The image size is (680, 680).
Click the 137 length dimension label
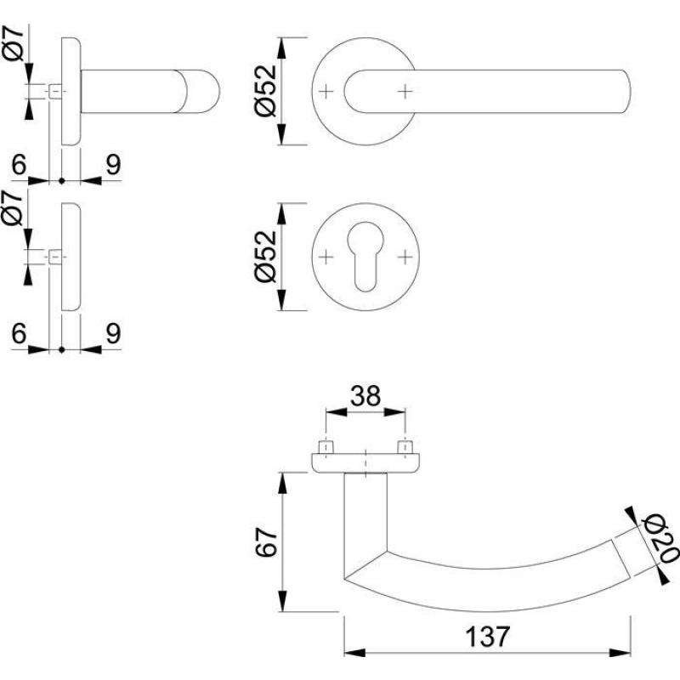(x=488, y=636)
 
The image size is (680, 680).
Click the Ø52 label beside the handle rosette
(x=265, y=92)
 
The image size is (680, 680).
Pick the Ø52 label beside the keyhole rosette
(x=265, y=256)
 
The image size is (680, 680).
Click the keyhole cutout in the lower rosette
(x=366, y=258)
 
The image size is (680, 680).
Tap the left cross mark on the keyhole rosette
(x=329, y=256)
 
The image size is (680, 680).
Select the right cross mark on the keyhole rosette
(x=405, y=256)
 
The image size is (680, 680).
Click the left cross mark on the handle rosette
(x=329, y=91)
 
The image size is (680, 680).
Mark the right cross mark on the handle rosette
(x=405, y=91)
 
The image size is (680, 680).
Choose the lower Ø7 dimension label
(x=14, y=207)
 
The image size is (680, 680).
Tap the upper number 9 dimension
(x=112, y=163)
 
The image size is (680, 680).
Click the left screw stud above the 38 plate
(x=326, y=446)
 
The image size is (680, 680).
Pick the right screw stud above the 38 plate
(x=406, y=446)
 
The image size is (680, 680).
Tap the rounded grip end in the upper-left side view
(x=205, y=91)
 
